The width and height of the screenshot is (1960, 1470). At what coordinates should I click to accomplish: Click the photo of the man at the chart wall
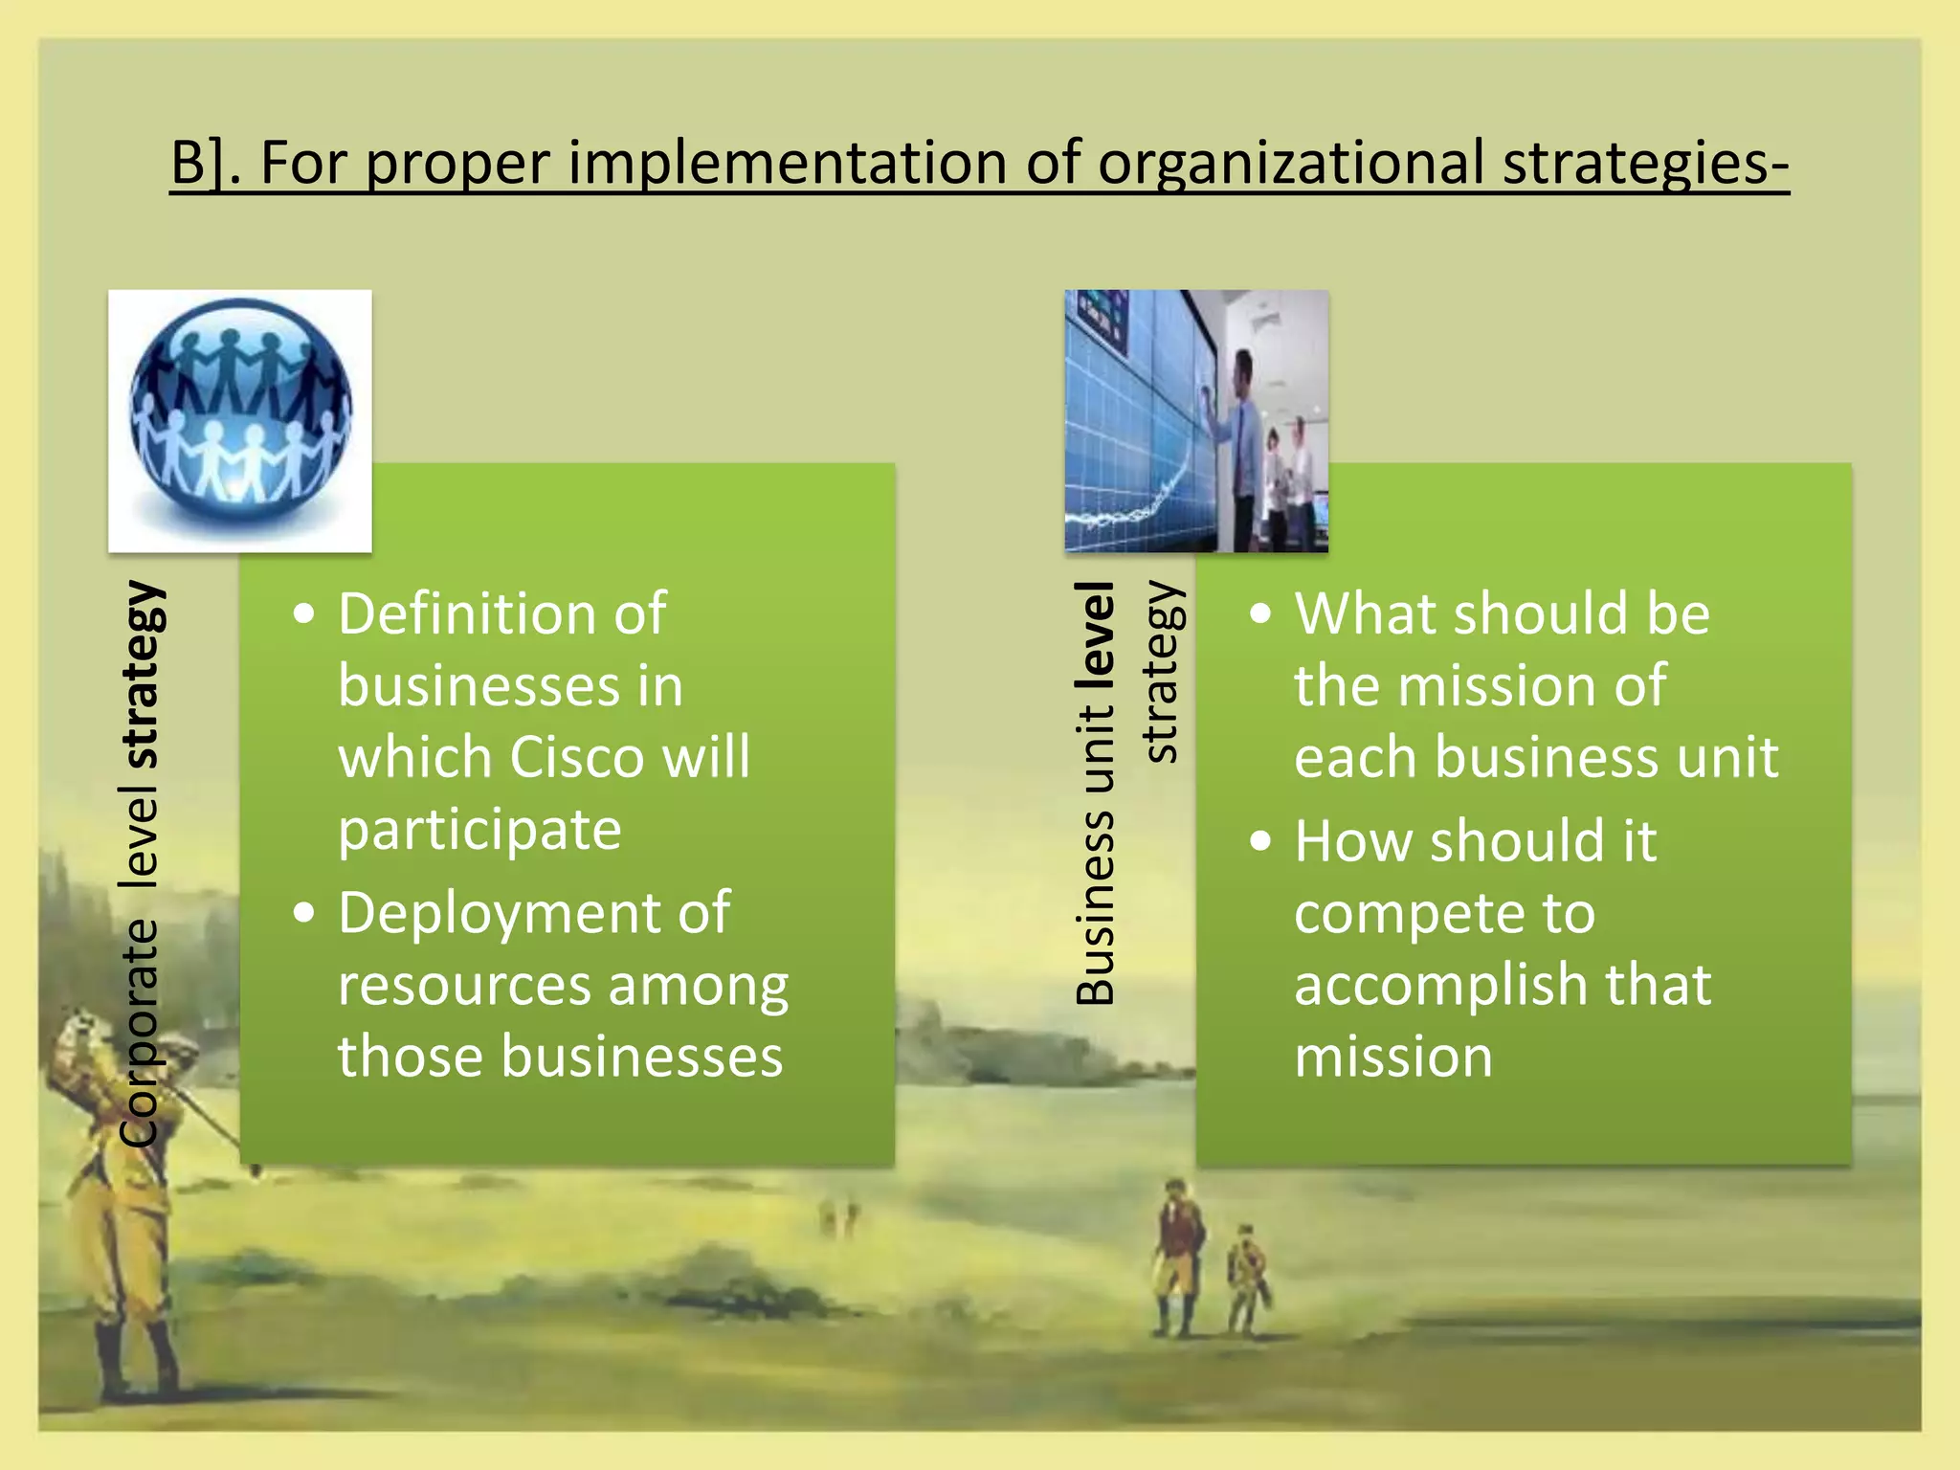(1196, 421)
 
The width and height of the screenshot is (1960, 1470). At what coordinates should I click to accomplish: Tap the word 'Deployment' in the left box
(498, 913)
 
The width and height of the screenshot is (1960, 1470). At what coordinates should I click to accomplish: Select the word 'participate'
(479, 830)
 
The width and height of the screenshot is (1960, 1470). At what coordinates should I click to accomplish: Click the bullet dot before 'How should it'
(1261, 841)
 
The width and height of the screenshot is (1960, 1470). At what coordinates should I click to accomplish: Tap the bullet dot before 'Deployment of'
(304, 913)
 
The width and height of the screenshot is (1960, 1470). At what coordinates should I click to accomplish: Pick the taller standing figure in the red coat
(1176, 1254)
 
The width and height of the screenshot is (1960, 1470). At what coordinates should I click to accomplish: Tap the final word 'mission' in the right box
(1392, 1058)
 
